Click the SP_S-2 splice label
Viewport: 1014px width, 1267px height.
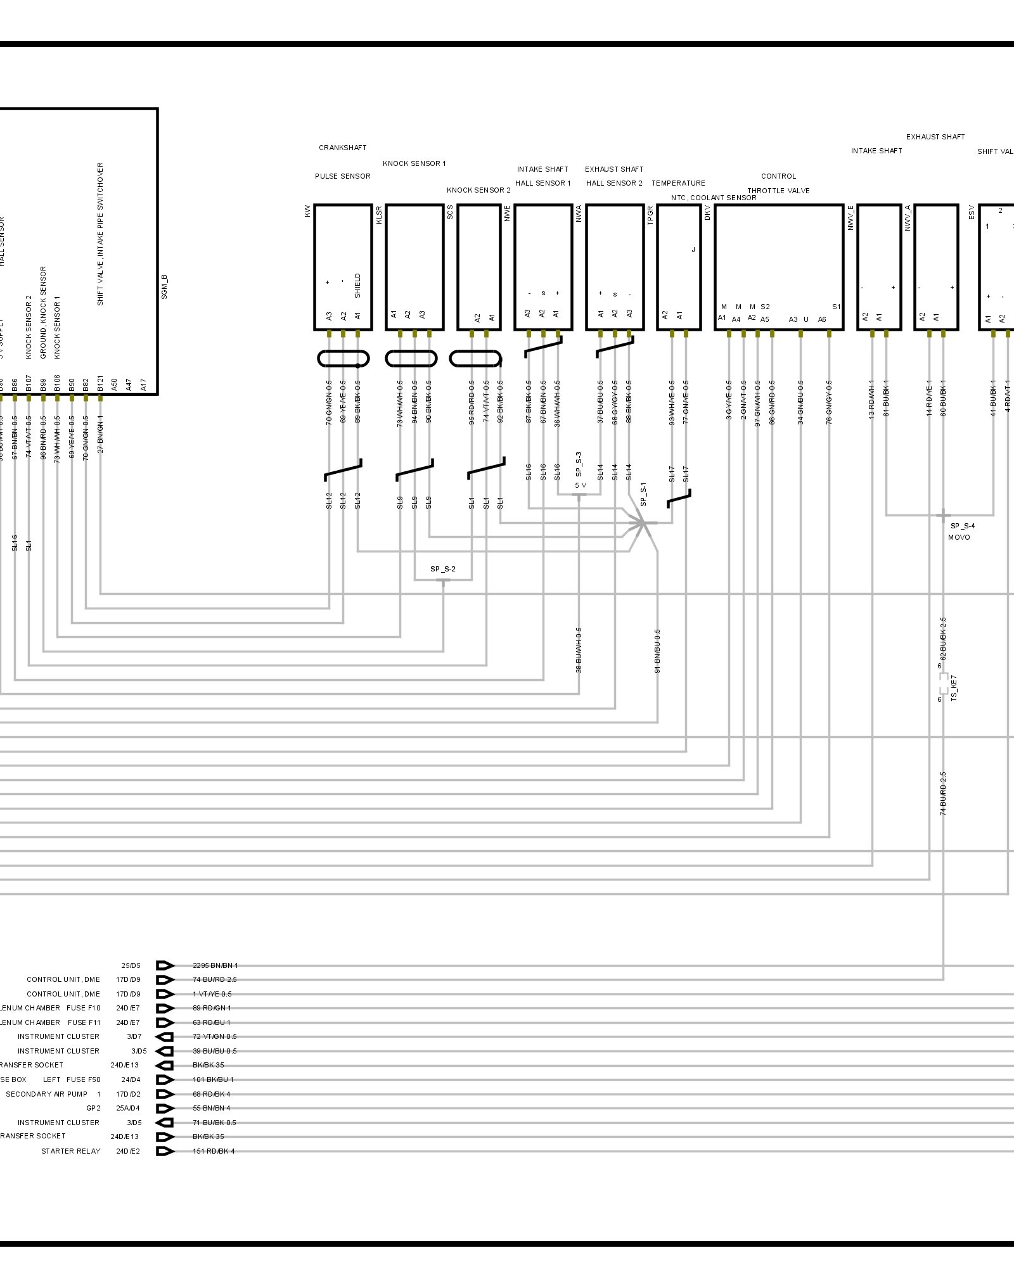[442, 569]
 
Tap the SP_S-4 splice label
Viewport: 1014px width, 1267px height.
[962, 526]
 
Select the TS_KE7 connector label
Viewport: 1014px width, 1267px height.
[954, 687]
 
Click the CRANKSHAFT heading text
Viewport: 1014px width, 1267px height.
[342, 148]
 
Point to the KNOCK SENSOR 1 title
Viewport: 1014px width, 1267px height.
[414, 163]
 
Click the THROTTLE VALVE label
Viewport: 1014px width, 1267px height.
[778, 191]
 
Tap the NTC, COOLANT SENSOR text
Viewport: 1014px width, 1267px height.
[714, 198]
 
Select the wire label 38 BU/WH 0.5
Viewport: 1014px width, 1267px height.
[579, 650]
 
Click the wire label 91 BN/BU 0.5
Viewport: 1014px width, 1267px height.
[657, 651]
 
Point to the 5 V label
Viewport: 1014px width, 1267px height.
[581, 485]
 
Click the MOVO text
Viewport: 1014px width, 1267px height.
[959, 537]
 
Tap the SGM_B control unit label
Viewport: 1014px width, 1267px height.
[164, 287]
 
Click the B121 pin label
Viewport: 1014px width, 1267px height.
[100, 385]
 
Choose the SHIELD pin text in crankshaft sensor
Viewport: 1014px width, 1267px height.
[357, 286]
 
